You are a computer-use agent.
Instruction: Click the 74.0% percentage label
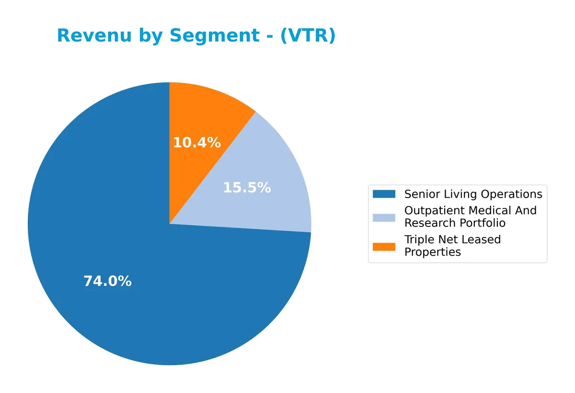click(x=107, y=281)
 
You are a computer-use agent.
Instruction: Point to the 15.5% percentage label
click(x=247, y=188)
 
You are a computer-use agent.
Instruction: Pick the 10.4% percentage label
click(x=196, y=143)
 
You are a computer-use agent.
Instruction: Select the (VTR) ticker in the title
click(x=308, y=36)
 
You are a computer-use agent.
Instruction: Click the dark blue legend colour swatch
click(x=384, y=194)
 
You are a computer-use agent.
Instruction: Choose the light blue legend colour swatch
click(x=384, y=217)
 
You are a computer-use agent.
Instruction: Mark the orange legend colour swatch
click(x=384, y=246)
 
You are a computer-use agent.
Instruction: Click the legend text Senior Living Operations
click(x=473, y=194)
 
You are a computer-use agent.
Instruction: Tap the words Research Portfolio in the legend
click(x=455, y=223)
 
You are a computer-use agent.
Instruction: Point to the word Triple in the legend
click(x=419, y=239)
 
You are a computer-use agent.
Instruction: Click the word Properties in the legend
click(x=432, y=252)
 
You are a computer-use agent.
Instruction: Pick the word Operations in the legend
click(x=512, y=194)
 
